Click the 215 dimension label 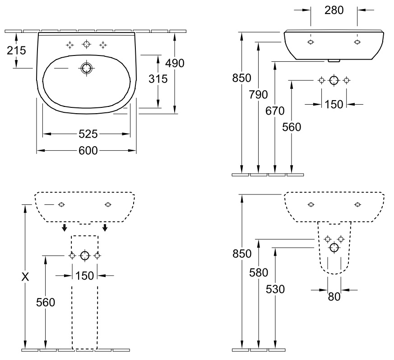point(16,51)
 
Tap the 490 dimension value point(175,63)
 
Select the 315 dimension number point(158,79)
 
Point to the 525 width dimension point(88,134)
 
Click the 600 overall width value point(88,151)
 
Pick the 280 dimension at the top point(334,10)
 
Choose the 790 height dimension point(258,95)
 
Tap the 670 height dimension point(275,111)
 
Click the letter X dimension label point(25,277)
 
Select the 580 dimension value point(259,272)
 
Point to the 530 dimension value point(275,289)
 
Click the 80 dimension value point(334,297)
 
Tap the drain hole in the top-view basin point(87,68)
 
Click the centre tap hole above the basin point(87,45)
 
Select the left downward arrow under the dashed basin point(65,228)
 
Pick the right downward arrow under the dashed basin point(105,228)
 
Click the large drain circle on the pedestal point(85,256)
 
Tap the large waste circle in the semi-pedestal point(334,248)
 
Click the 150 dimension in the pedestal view point(85,276)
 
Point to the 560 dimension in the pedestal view point(46,302)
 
